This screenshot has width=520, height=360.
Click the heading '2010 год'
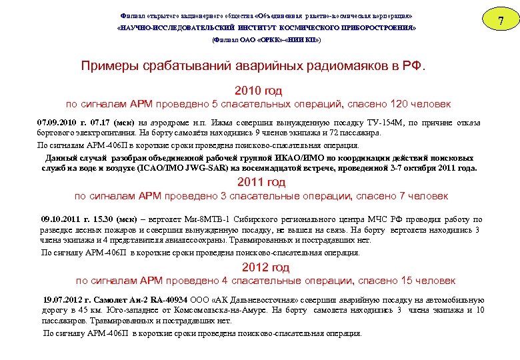click(259, 91)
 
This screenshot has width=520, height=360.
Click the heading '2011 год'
click(261, 182)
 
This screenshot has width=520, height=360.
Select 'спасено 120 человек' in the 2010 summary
click(406, 105)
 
